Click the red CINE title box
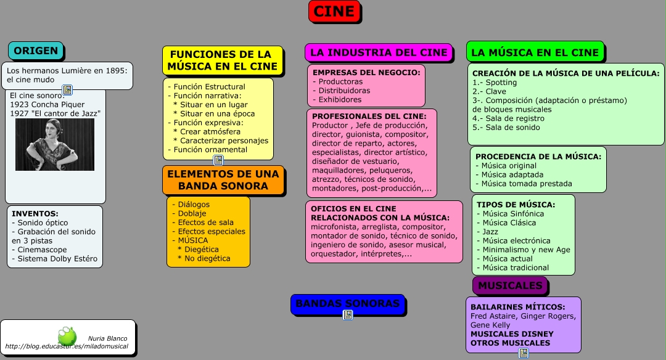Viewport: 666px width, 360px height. [334, 11]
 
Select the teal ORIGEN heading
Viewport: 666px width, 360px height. [36, 51]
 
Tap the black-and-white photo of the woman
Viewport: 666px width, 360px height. [55, 144]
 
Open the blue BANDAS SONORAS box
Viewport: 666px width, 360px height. [347, 303]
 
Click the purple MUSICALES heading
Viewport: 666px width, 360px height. [510, 285]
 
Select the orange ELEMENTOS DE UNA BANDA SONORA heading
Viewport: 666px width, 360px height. [223, 179]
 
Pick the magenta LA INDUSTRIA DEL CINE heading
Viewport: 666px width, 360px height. [378, 52]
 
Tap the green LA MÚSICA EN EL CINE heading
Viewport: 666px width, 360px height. [535, 52]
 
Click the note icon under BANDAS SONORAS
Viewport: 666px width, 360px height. [348, 314]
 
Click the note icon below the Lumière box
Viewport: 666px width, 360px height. [67, 90]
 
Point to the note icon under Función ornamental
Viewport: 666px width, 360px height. [218, 160]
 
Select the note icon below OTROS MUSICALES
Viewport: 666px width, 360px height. [524, 353]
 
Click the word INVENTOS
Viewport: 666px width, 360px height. [35, 214]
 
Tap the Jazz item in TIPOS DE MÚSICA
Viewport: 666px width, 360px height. [490, 232]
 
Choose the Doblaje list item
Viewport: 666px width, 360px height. [192, 213]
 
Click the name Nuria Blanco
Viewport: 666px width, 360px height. [107, 338]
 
